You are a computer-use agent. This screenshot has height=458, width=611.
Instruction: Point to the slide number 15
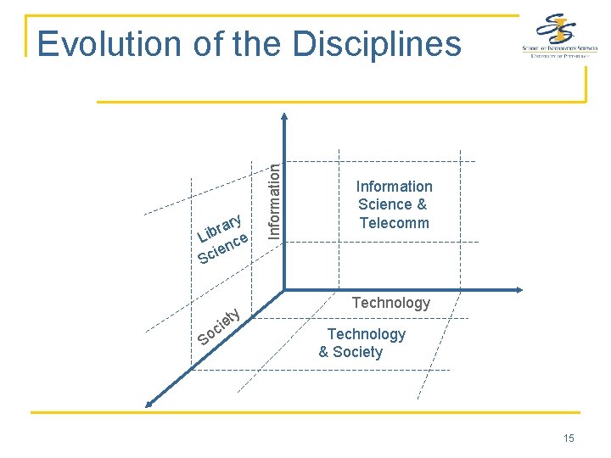(x=568, y=438)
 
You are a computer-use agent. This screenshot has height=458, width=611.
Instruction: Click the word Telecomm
(x=394, y=223)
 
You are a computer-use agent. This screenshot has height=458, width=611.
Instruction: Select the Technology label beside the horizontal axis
(x=391, y=303)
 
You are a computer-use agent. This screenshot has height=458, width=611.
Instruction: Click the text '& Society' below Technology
(x=350, y=352)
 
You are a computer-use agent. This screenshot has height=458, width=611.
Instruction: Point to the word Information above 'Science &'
(x=394, y=187)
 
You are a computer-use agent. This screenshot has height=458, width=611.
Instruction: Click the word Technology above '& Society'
(x=367, y=334)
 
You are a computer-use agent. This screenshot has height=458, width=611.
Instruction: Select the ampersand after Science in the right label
(x=422, y=204)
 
